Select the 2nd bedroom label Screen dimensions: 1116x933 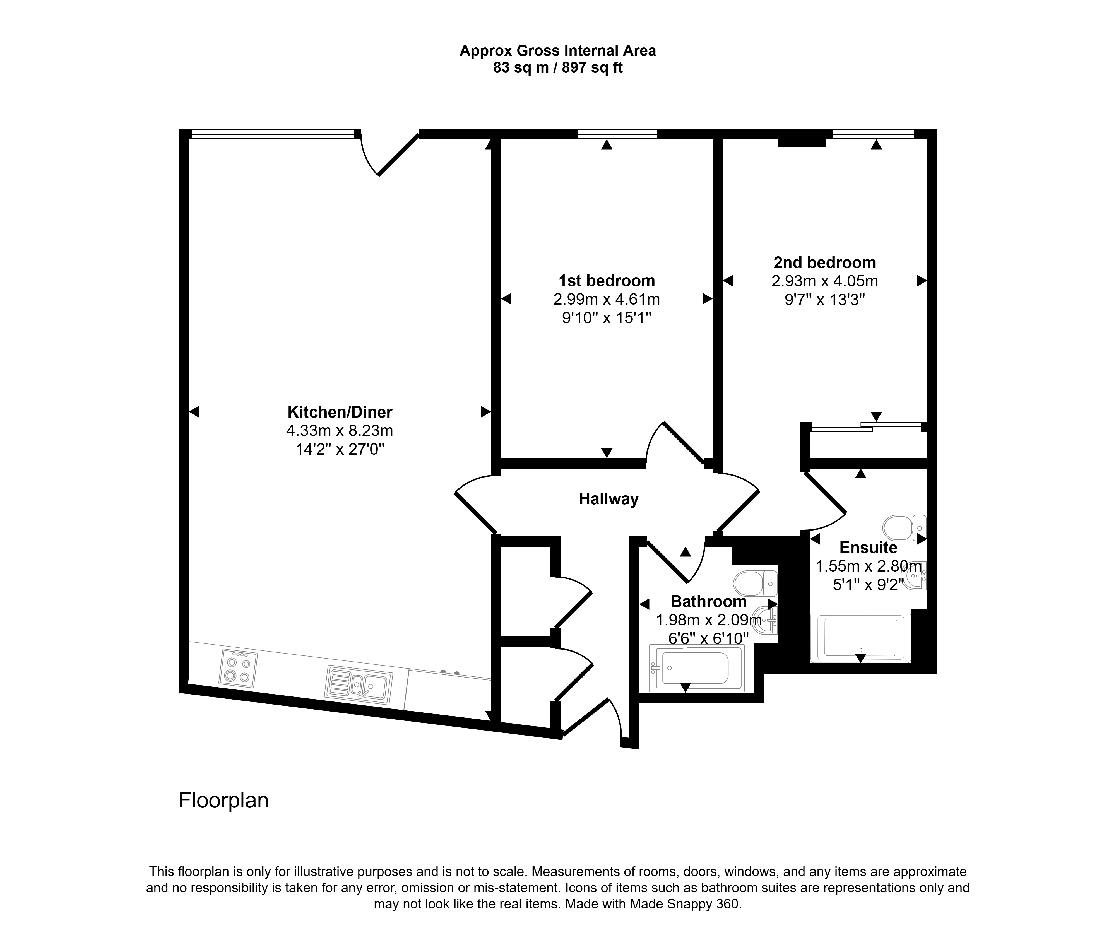[x=824, y=262]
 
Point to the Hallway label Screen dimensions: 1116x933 [x=608, y=499]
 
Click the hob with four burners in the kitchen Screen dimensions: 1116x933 [x=238, y=669]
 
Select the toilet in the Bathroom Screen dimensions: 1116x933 [x=755, y=584]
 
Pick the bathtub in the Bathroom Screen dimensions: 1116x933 [x=697, y=668]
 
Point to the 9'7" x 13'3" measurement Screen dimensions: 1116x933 [x=825, y=300]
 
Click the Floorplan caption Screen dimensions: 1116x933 [x=224, y=800]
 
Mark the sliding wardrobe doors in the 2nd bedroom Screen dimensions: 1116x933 [x=867, y=427]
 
